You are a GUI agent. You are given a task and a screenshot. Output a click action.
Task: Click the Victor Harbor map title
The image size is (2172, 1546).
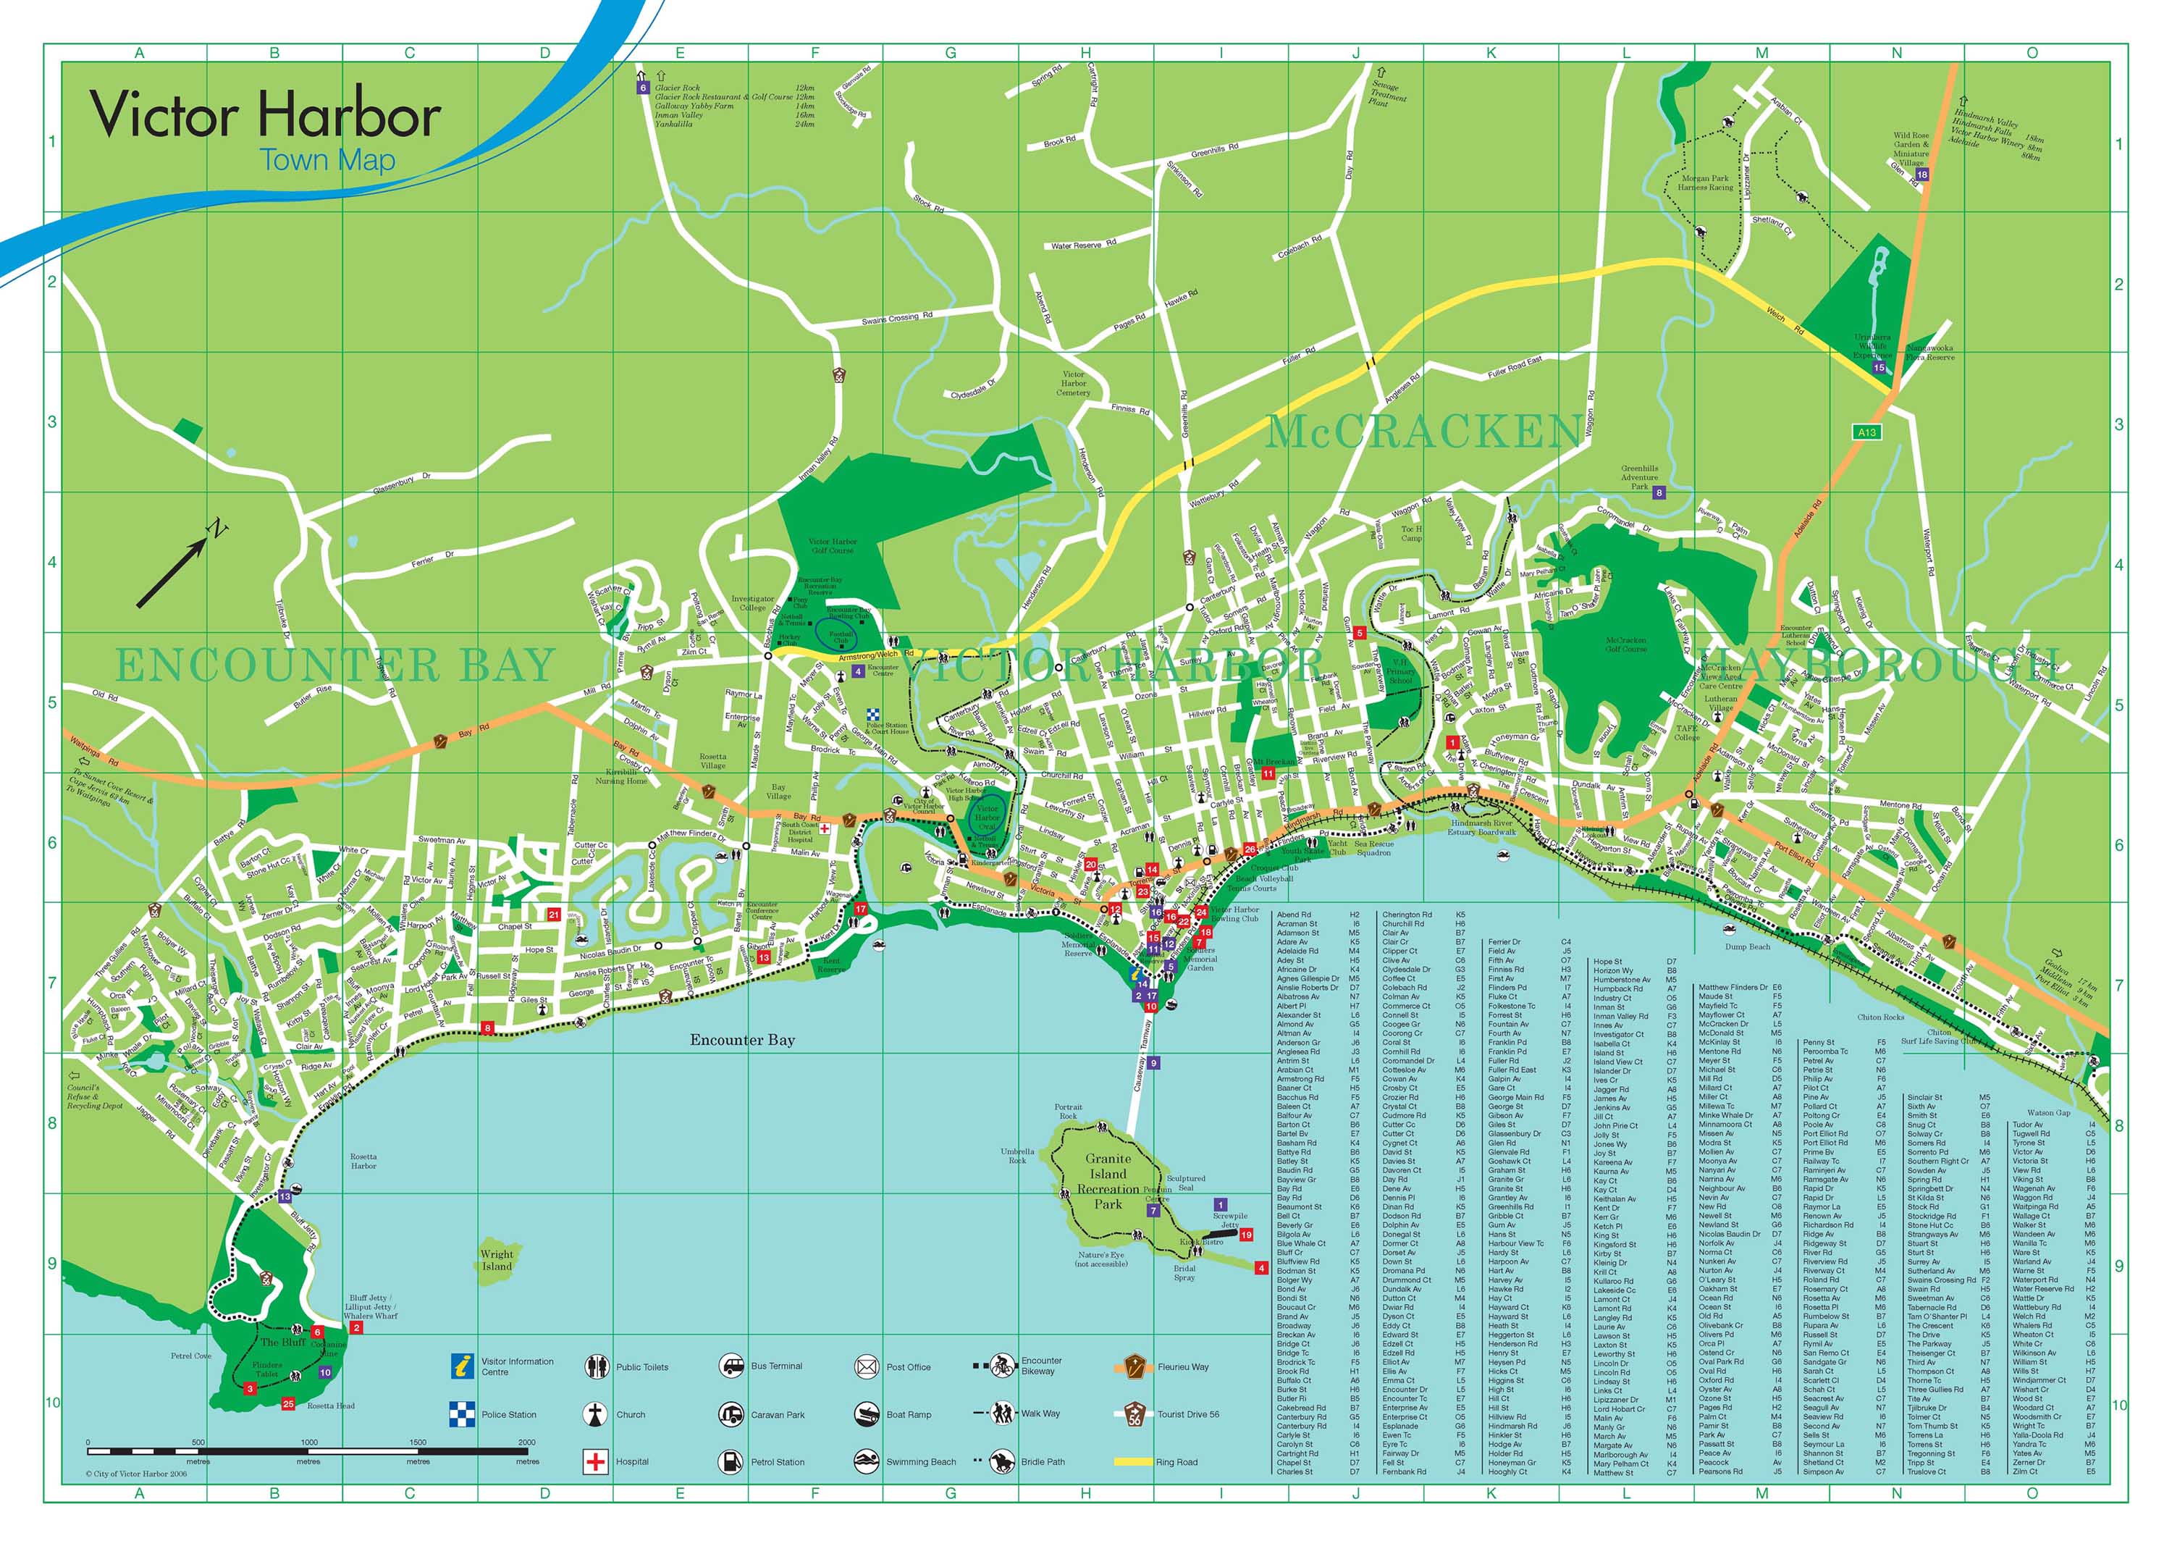point(264,115)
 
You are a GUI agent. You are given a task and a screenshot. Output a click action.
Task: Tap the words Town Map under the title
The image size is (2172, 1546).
point(327,160)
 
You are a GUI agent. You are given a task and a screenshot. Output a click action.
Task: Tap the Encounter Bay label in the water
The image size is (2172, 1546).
point(741,1040)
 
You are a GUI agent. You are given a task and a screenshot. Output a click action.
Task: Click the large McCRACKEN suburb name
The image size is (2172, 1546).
point(1424,432)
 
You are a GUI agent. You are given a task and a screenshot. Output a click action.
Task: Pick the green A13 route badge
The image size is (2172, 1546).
point(1866,432)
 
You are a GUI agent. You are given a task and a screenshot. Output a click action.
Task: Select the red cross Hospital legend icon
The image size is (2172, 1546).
point(595,1461)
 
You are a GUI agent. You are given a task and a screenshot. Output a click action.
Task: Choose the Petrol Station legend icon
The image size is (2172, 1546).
point(730,1461)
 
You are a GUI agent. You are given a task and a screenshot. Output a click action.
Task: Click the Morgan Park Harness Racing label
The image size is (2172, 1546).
point(1706,182)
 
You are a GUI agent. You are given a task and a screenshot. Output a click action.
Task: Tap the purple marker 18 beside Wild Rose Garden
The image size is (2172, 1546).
point(1921,175)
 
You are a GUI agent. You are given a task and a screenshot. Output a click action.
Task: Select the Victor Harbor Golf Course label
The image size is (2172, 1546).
point(832,545)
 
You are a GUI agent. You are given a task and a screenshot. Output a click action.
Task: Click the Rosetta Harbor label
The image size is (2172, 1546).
point(363,1161)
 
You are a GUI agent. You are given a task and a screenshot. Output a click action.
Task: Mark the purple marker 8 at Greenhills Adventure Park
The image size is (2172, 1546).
point(1659,492)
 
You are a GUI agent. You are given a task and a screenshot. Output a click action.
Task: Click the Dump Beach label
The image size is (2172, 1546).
point(1748,946)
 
